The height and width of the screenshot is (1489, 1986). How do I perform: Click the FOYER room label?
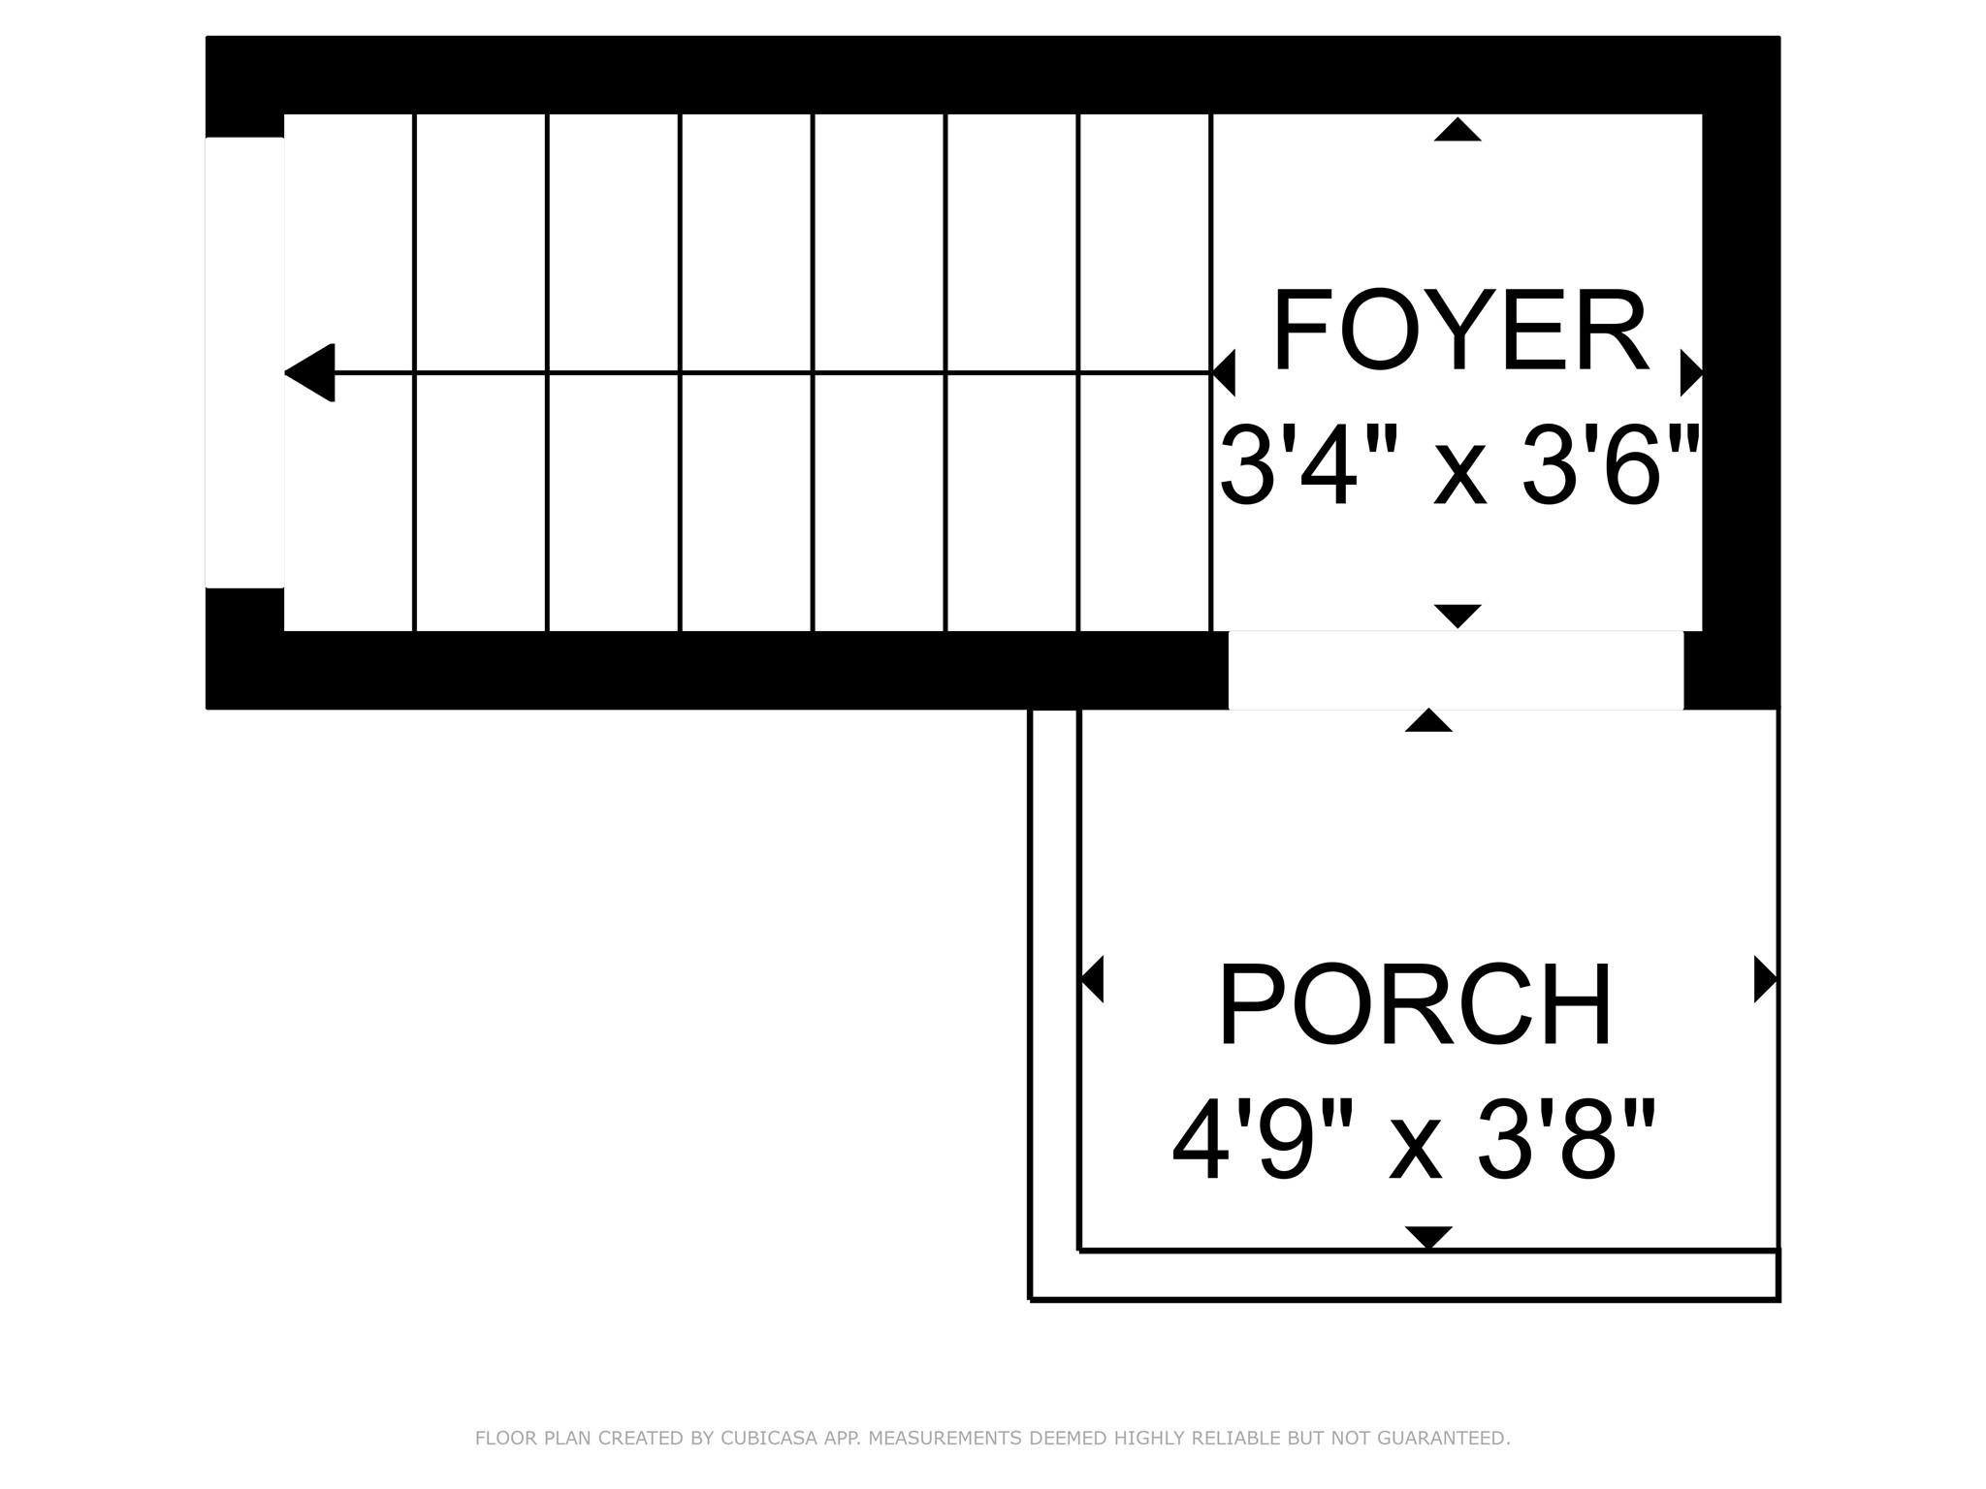point(1459,331)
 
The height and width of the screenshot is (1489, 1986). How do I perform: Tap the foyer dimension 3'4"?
point(1313,466)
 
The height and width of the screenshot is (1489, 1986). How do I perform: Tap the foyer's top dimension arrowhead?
point(1457,129)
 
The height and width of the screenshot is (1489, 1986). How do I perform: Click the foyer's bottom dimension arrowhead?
point(1457,617)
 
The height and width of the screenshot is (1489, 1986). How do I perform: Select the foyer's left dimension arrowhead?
point(1224,373)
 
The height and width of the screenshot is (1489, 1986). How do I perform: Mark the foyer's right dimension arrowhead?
point(1692,373)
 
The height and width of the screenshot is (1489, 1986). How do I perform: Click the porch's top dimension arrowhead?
point(1428,719)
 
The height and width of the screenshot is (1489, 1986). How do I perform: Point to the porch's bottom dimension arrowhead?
point(1428,1238)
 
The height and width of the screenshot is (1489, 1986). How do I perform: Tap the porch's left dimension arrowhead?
point(1092,979)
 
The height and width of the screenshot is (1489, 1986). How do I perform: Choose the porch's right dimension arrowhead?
point(1766,979)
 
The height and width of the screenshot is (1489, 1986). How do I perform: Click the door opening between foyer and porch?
point(1456,670)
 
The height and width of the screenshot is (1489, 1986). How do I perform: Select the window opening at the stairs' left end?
point(244,363)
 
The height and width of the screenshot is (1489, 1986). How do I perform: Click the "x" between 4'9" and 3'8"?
point(1416,1154)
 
